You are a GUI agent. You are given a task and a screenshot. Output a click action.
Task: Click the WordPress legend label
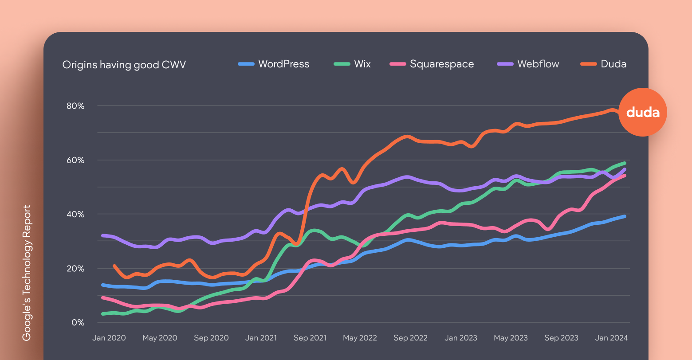point(283,64)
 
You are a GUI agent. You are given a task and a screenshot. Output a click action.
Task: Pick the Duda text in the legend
point(613,64)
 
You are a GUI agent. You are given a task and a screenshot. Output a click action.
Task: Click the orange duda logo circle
point(643,112)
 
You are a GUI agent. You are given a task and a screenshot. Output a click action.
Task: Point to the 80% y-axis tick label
point(75,106)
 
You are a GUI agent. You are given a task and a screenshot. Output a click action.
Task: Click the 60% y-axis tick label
point(75,160)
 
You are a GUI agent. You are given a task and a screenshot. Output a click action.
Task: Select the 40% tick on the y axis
point(75,214)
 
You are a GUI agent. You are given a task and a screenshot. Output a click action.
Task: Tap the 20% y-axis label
point(75,269)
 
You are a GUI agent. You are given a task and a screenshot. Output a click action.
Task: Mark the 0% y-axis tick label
point(78,323)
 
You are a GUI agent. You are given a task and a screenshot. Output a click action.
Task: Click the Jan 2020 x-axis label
point(109,338)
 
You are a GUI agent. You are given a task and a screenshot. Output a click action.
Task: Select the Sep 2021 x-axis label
point(310,338)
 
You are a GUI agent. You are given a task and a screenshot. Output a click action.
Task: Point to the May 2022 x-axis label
point(360,338)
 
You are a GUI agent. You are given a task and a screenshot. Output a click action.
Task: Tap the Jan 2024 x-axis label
point(611,338)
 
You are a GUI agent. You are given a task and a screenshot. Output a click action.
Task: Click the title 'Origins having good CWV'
point(124,65)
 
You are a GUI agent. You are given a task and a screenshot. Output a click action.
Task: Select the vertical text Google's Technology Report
point(27,273)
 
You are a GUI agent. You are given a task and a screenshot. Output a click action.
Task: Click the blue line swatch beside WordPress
point(246,64)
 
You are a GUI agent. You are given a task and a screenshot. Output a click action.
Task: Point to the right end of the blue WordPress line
point(625,216)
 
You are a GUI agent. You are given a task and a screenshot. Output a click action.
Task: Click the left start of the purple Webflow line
point(102,235)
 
